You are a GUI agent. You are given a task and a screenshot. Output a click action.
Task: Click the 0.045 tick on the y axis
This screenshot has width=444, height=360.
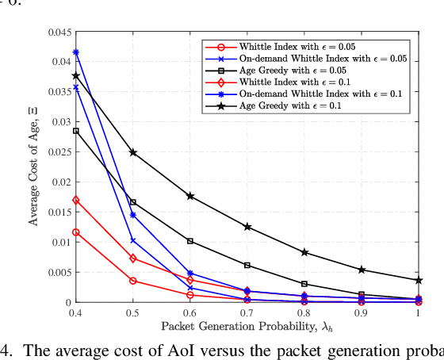59,33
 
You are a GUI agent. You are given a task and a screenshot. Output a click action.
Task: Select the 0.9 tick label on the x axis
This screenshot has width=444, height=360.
362,313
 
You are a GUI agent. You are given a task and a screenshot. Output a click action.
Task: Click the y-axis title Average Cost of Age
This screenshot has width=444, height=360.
34,168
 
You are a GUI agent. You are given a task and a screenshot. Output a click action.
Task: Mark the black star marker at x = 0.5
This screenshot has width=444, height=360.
133,152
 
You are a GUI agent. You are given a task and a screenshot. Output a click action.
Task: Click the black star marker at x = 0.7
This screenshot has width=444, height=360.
247,227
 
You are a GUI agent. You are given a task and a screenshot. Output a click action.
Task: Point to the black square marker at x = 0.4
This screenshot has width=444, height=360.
76,131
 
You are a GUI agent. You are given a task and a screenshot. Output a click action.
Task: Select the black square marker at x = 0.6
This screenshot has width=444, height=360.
190,241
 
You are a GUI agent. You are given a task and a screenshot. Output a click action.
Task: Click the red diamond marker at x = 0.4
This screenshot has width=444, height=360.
76,200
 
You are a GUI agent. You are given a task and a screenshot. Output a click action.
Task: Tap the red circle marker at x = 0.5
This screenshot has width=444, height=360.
133,281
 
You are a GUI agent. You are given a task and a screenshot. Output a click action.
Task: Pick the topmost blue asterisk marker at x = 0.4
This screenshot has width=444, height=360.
76,52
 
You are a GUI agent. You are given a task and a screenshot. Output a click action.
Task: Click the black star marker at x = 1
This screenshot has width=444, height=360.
419,280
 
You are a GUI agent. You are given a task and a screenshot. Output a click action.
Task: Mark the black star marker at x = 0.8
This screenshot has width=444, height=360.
304,252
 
